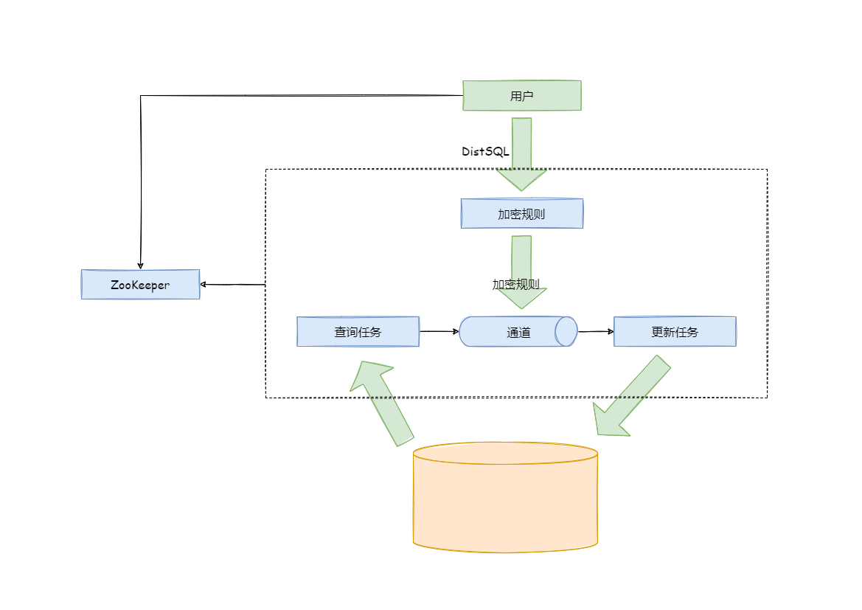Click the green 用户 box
[x=521, y=96]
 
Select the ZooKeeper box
[x=140, y=285]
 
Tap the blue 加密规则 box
[x=521, y=214]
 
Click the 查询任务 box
[x=358, y=332]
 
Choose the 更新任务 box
[x=675, y=332]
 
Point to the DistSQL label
[x=485, y=151]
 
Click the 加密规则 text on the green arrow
[x=516, y=284]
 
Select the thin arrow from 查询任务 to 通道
[x=439, y=332]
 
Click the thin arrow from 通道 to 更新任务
[x=595, y=332]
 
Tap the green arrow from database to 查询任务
[x=383, y=402]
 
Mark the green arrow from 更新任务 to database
[x=630, y=398]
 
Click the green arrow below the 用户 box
[x=521, y=155]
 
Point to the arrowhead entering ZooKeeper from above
[x=140, y=266]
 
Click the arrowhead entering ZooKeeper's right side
[x=204, y=284]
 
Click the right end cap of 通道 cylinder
[x=566, y=332]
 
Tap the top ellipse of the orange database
[x=505, y=453]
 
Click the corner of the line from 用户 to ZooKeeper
[x=141, y=96]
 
